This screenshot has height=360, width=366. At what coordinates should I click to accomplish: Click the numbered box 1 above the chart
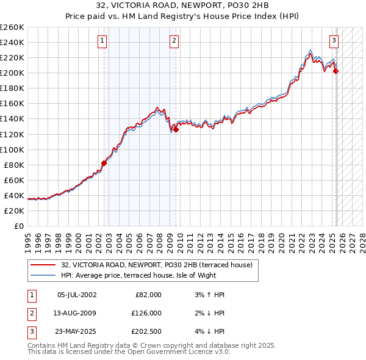[x=101, y=41]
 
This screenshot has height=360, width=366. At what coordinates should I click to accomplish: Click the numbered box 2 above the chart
[x=174, y=41]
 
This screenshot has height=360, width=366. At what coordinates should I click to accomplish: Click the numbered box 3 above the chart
[x=334, y=41]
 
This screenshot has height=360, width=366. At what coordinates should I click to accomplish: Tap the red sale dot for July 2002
[x=104, y=162]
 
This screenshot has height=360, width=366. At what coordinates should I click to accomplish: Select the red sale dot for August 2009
[x=176, y=129]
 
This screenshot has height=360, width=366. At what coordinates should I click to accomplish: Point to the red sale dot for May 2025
[x=335, y=71]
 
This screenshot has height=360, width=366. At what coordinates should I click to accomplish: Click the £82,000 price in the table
[x=147, y=295]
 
